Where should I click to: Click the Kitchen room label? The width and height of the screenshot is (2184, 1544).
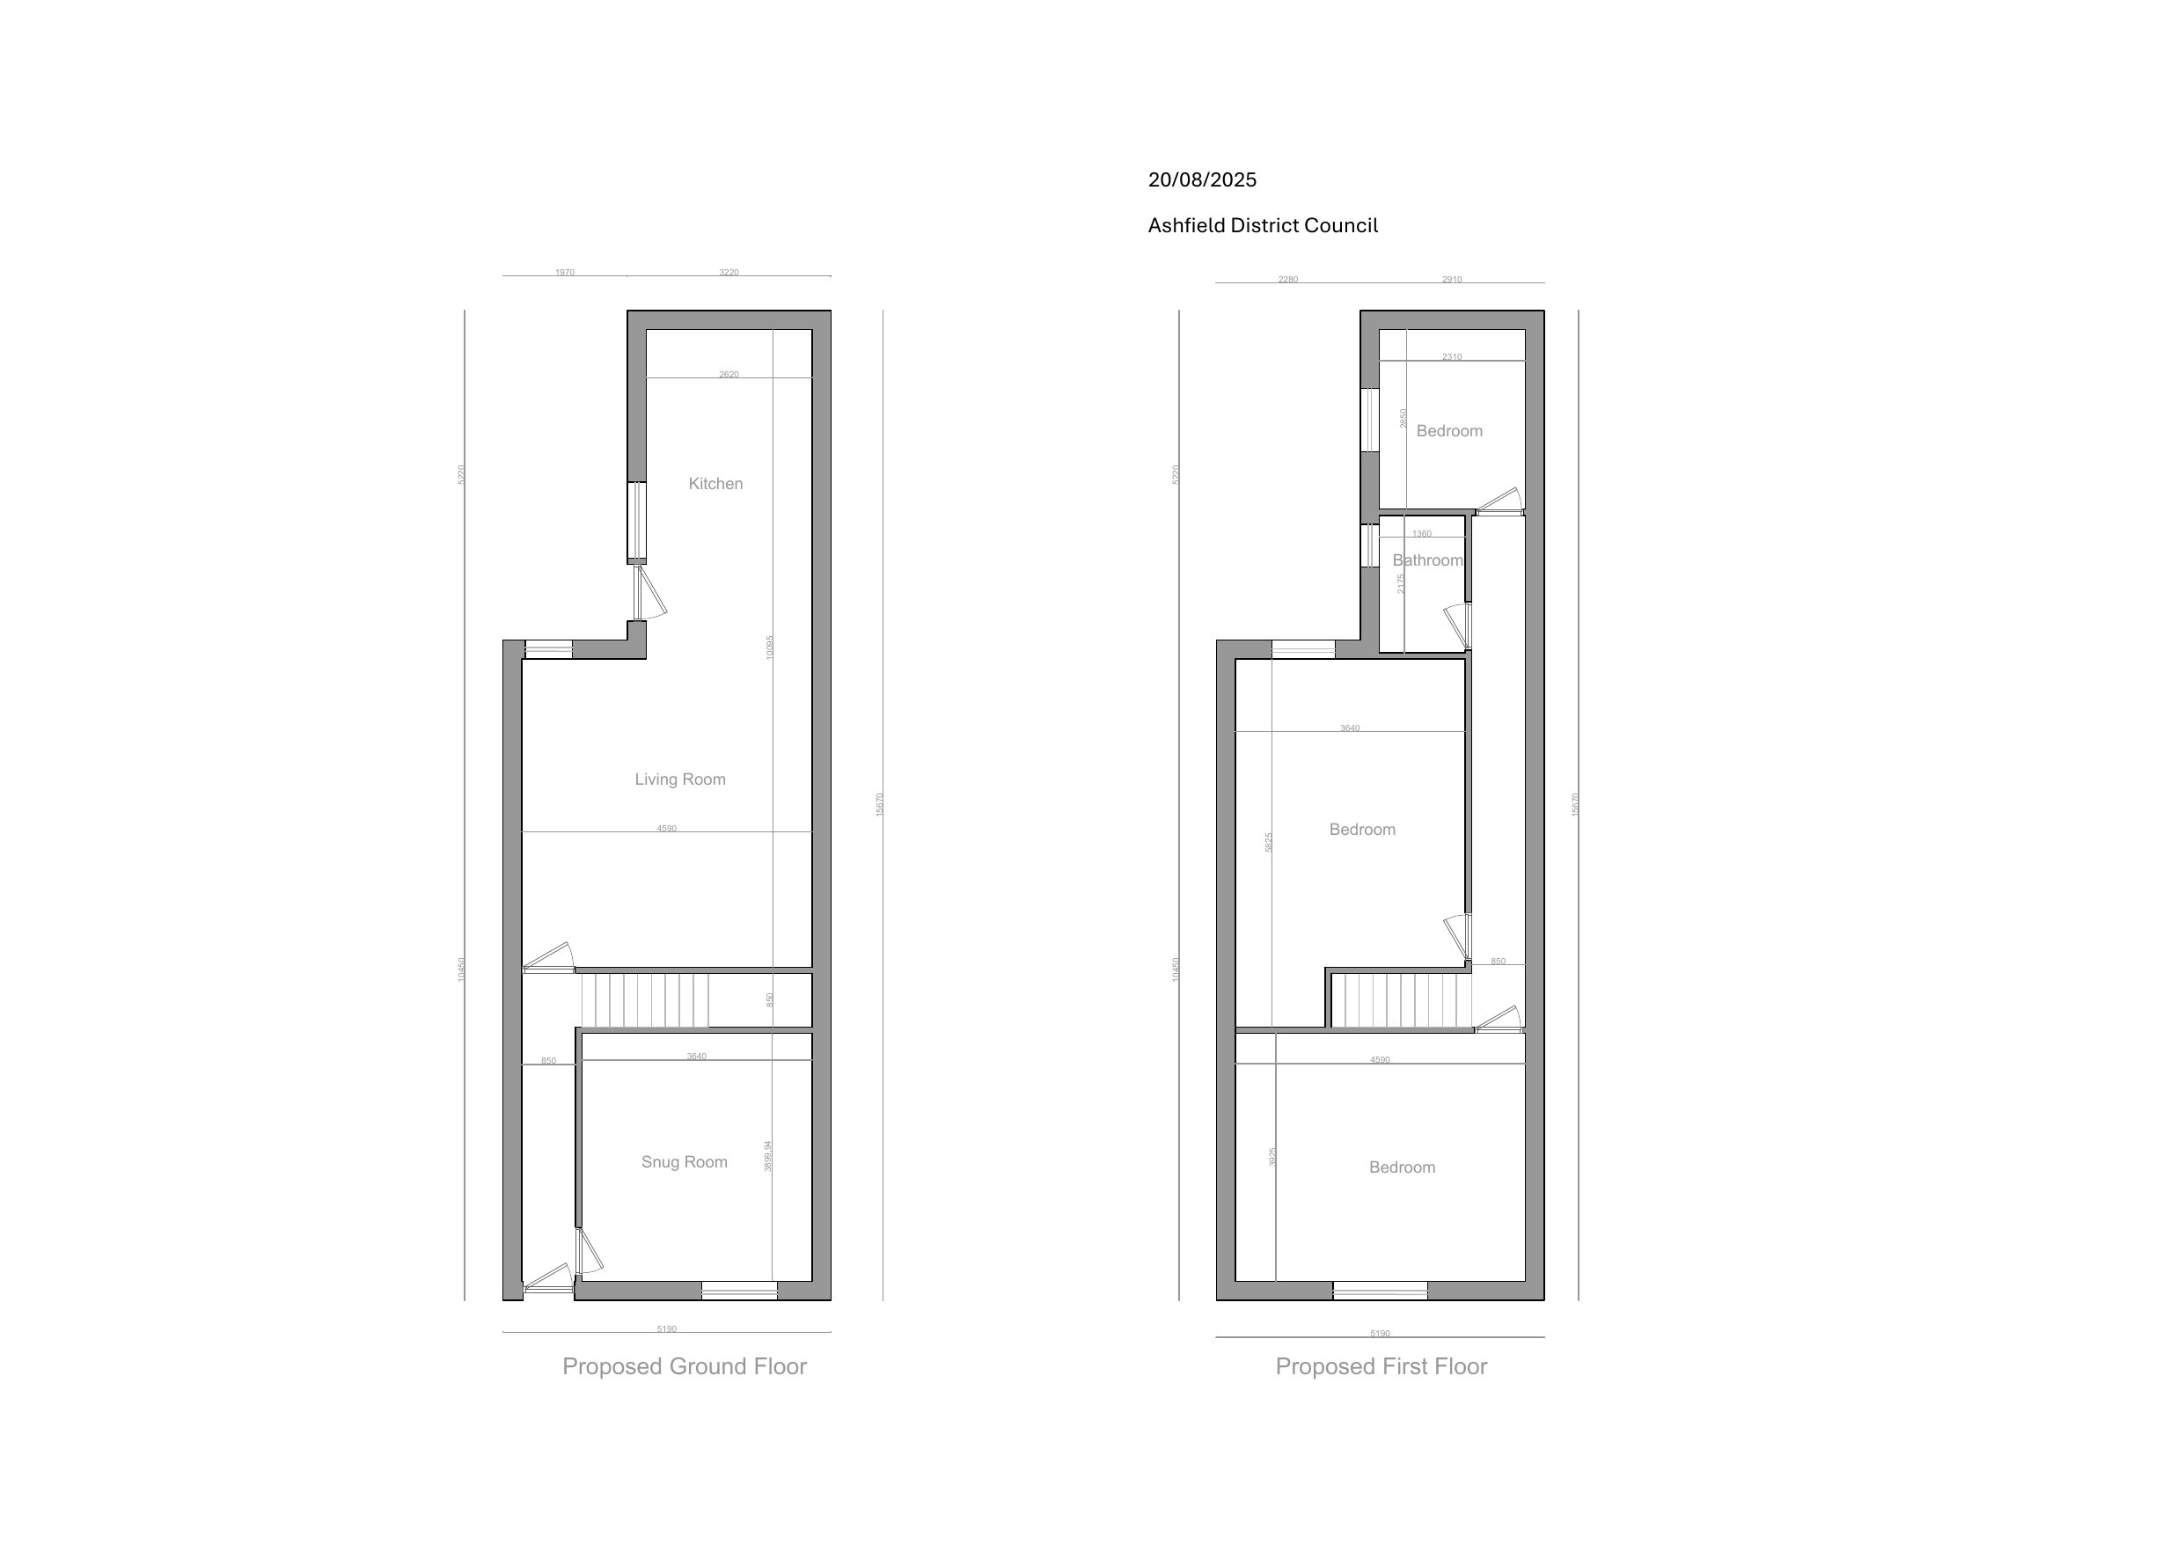[x=715, y=484]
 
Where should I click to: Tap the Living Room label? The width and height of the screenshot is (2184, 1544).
[x=680, y=780]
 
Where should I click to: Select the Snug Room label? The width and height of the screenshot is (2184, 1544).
[x=684, y=1162]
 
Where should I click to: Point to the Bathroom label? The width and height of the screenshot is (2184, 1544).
[x=1427, y=561]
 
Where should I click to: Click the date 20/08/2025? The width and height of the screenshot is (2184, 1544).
[x=1201, y=179]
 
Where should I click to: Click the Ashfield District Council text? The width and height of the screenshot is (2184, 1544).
[x=1263, y=225]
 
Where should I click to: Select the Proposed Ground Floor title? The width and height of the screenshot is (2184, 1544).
[x=684, y=1367]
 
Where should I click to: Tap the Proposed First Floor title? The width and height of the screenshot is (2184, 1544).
[x=1381, y=1367]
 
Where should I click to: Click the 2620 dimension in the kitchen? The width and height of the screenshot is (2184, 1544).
[x=729, y=375]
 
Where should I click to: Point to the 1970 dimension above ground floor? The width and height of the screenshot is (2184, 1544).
[x=565, y=273]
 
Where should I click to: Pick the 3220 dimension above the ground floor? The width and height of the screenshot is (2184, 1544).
[x=729, y=273]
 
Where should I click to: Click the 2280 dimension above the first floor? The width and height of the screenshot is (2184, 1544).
[x=1288, y=280]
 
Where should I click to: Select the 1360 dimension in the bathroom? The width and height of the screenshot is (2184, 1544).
[x=1422, y=535]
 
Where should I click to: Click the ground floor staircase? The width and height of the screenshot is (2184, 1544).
[x=645, y=999]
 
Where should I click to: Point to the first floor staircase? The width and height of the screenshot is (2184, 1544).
[x=1400, y=999]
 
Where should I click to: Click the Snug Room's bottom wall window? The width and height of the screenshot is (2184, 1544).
[x=739, y=1291]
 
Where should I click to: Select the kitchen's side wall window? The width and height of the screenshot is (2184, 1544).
[x=636, y=523]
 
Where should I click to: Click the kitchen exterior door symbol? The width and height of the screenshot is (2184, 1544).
[x=650, y=594]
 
